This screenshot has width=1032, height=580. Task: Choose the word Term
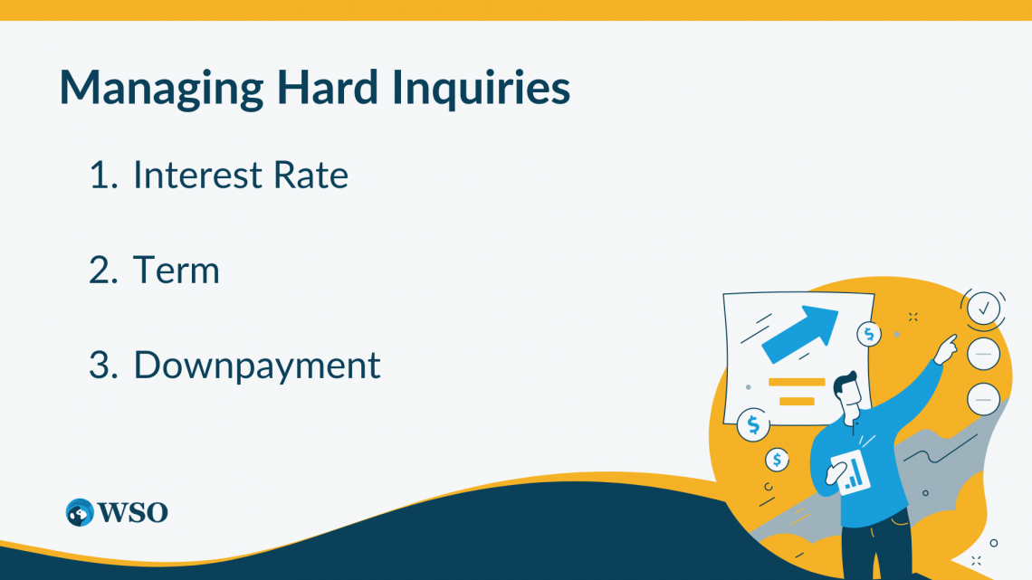pyautogui.click(x=177, y=270)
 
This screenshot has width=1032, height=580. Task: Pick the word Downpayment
pyautogui.click(x=257, y=366)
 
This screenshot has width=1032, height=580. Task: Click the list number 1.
pyautogui.click(x=101, y=175)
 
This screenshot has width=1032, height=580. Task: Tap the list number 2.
pyautogui.click(x=102, y=270)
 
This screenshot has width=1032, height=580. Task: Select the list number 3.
pyautogui.click(x=102, y=366)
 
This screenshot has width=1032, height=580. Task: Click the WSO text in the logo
pyautogui.click(x=133, y=512)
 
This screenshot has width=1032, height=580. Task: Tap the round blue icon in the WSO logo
pyautogui.click(x=80, y=512)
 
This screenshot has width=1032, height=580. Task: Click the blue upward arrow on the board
pyautogui.click(x=799, y=332)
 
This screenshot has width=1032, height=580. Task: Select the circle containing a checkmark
pyautogui.click(x=983, y=309)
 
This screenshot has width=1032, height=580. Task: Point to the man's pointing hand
pyautogui.click(x=946, y=346)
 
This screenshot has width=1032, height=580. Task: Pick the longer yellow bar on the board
pyautogui.click(x=797, y=383)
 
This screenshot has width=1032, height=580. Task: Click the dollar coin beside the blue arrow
pyautogui.click(x=869, y=334)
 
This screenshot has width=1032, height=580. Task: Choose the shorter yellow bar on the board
pyautogui.click(x=797, y=400)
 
